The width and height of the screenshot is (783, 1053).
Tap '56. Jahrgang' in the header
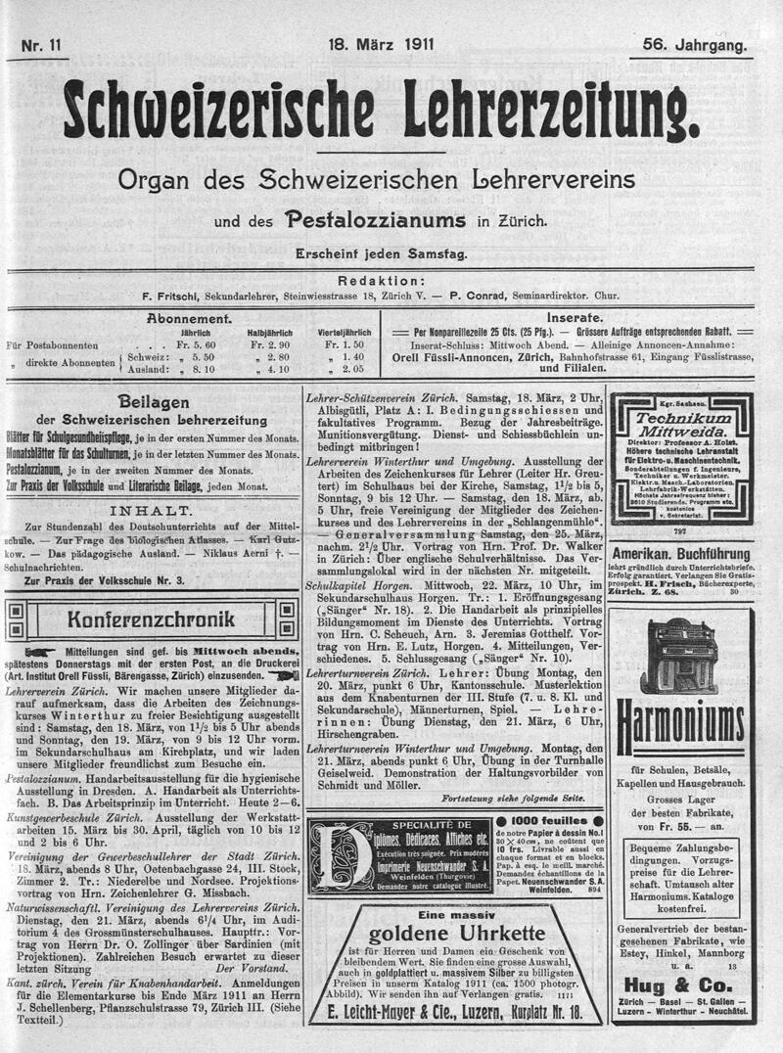point(695,44)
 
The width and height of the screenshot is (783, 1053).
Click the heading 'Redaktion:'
point(391,279)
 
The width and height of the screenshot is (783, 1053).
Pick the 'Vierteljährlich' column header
point(344,333)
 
